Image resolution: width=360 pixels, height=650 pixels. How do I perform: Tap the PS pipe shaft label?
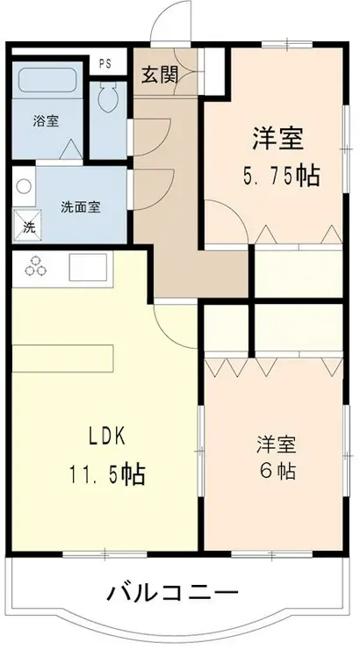(x=105, y=63)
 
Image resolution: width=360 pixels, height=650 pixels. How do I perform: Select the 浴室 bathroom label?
(x=47, y=120)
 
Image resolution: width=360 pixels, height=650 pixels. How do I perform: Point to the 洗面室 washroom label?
(x=80, y=207)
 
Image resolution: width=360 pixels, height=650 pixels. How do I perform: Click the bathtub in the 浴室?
(x=48, y=83)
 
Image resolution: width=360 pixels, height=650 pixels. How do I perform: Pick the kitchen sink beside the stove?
(x=87, y=265)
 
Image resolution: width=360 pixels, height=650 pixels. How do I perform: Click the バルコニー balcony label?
(x=172, y=593)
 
